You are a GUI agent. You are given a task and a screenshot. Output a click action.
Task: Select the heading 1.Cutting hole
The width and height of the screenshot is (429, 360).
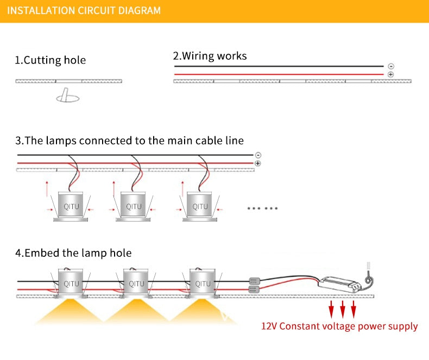point(50,60)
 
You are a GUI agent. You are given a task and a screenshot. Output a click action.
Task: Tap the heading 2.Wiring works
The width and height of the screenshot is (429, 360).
point(210,55)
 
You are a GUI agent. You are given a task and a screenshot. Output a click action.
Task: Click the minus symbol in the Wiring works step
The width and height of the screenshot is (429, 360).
point(391,66)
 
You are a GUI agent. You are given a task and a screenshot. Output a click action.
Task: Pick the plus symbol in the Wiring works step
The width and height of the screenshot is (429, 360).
point(391,74)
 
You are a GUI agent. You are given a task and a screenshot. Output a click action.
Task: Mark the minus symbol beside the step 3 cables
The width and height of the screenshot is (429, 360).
point(257,155)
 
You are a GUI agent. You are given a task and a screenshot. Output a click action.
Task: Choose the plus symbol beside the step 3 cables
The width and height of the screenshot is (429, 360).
point(257,163)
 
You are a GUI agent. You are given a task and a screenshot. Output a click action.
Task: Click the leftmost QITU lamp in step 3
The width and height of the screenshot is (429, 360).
point(71,206)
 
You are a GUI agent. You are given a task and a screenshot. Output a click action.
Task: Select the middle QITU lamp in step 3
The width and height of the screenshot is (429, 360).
point(134,206)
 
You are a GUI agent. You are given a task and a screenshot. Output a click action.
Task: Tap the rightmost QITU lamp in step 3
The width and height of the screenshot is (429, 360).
point(200,206)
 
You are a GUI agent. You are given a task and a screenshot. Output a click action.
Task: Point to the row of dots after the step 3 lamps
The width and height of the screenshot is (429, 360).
point(262,208)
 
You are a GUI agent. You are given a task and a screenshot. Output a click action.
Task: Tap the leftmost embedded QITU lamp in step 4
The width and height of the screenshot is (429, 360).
point(71,283)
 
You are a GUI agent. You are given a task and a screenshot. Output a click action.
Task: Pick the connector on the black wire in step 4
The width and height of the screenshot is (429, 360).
point(253,281)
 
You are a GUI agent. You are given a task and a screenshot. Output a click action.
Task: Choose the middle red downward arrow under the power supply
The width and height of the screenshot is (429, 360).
point(343,310)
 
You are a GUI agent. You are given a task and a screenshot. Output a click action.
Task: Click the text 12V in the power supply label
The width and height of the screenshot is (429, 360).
point(270,326)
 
